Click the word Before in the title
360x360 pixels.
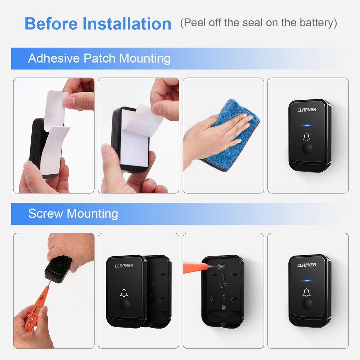coord(51,24)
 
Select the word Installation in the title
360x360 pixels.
coord(127,24)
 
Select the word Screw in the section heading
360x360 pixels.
coord(46,214)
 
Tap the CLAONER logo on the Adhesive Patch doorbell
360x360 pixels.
coord(307,109)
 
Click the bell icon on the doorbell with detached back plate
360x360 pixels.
coord(124,293)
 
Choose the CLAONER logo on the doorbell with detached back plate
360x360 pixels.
coord(124,266)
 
